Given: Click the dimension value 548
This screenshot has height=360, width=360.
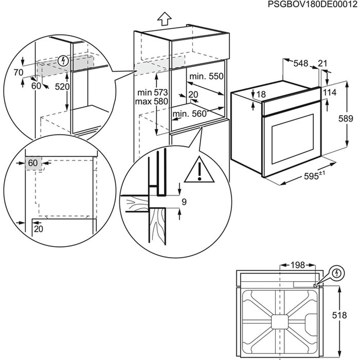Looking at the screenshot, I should coord(301,63).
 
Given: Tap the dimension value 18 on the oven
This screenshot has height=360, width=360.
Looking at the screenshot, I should coord(261,95).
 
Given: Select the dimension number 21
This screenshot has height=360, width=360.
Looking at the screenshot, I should coord(323,63).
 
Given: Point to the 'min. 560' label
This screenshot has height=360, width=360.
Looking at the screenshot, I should coord(189,114).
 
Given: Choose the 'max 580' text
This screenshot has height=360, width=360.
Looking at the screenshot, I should coord(151,102).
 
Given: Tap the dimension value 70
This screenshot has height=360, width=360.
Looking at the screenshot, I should coord(18,72).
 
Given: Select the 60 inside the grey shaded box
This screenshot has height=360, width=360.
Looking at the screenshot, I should coord(33,163).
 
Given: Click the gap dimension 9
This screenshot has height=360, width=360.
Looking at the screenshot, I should coord(184,202).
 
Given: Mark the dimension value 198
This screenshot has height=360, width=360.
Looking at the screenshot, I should coord(297,265).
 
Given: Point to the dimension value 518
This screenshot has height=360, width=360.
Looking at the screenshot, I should coord(339,315).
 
